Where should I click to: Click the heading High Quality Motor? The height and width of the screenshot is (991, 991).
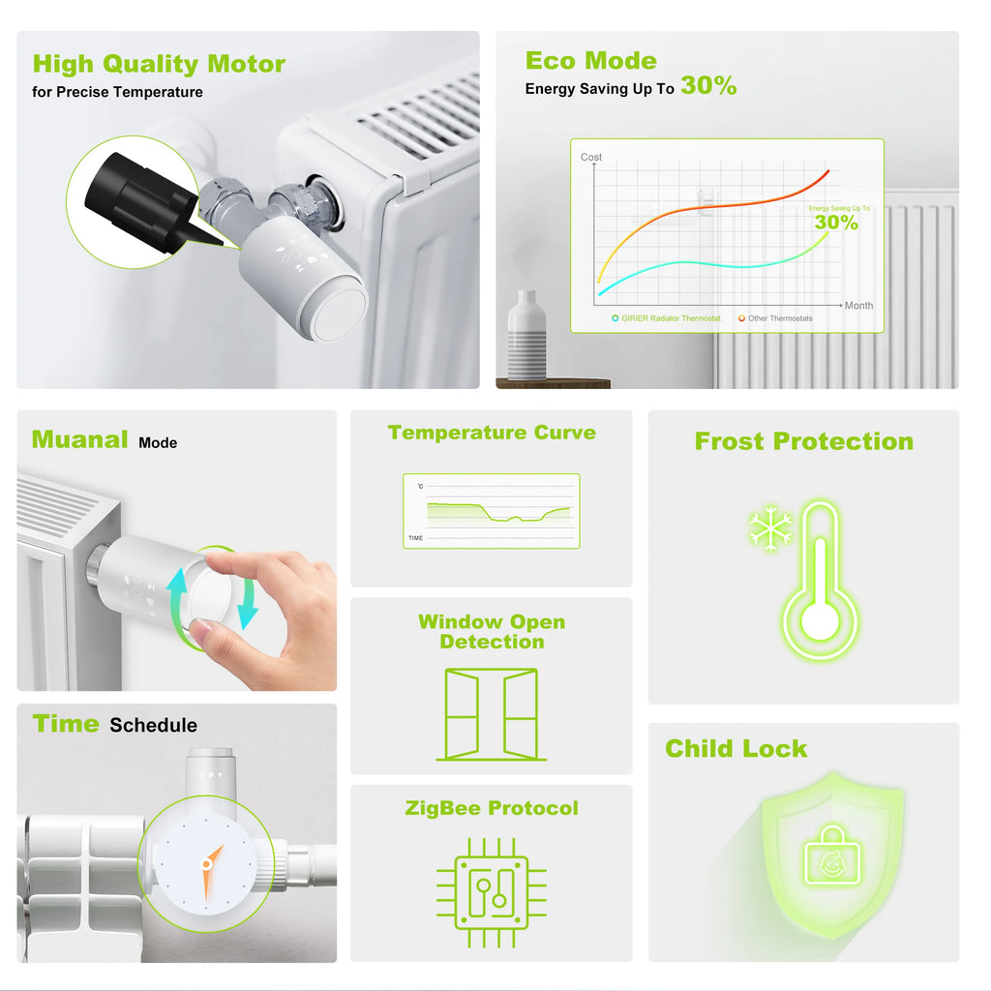159,65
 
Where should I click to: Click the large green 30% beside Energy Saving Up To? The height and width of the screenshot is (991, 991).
708,86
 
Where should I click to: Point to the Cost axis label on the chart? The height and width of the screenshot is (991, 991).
590,157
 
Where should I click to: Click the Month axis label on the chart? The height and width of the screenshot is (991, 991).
858,306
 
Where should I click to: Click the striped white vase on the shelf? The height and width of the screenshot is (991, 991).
526,336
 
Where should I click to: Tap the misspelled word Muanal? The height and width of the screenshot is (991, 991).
79,440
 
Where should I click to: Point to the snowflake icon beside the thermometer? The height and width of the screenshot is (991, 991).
770,529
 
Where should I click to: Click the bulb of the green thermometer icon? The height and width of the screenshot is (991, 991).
820,620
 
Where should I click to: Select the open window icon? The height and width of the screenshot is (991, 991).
492,714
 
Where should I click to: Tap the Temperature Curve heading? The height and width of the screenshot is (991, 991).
492,433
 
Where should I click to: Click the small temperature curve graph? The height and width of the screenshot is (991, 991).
492,511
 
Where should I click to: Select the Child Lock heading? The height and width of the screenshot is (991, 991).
736,749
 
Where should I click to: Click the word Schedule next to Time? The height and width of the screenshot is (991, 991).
153,726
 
